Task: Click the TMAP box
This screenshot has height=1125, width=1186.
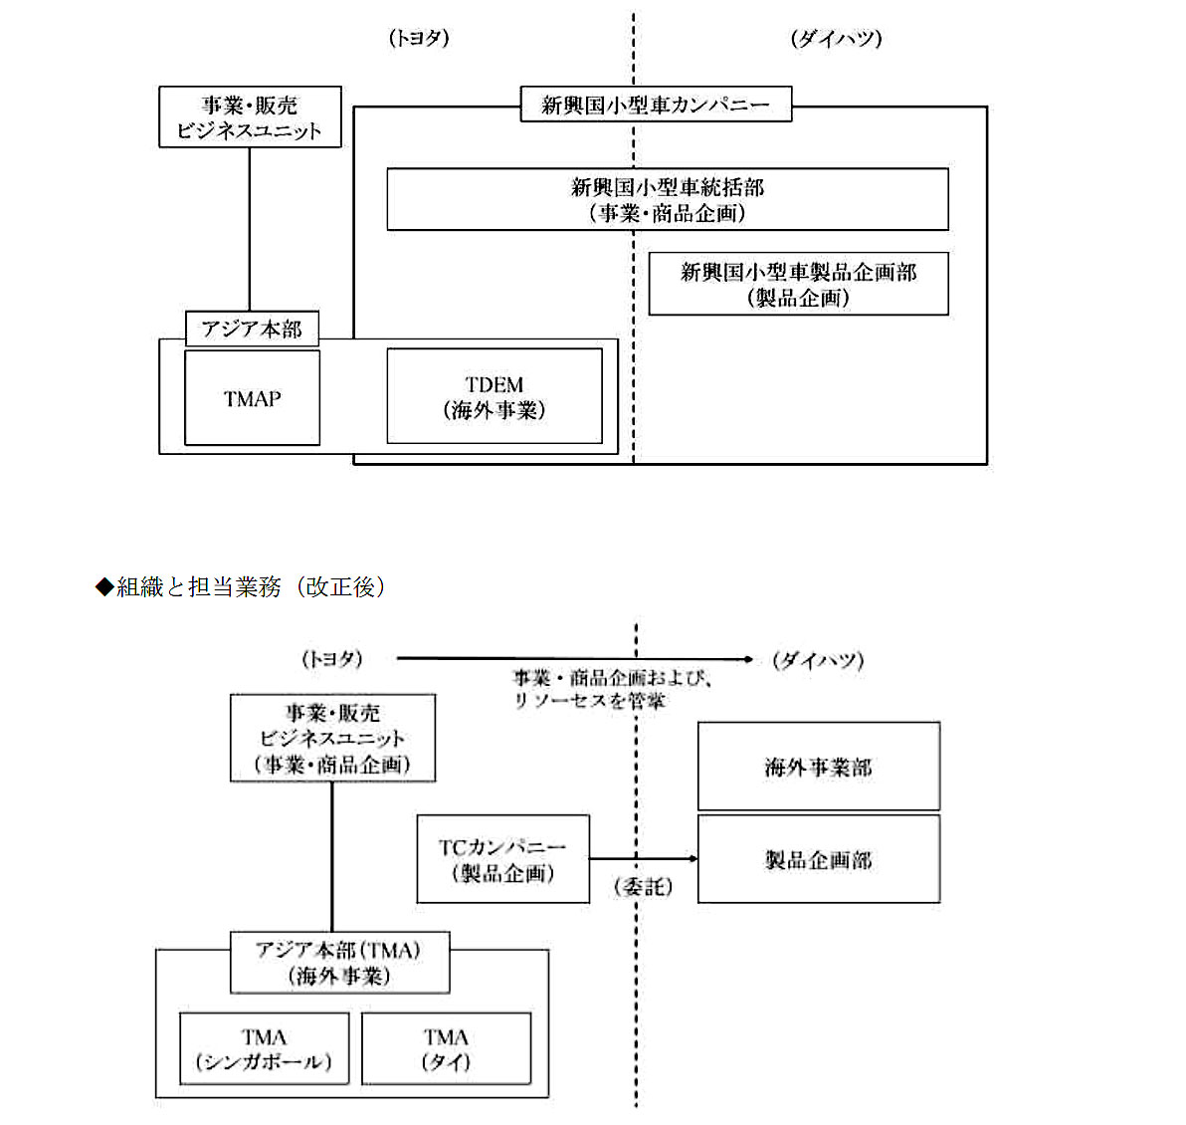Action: (252, 397)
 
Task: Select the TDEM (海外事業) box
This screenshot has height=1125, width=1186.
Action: (494, 396)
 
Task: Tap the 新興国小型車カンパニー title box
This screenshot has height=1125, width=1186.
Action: (656, 105)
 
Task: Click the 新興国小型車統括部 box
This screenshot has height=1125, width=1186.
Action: (667, 199)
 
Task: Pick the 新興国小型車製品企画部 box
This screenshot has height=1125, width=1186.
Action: (799, 284)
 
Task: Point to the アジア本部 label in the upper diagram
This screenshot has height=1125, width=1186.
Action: (252, 329)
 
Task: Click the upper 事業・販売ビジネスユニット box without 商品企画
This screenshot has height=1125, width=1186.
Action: (250, 116)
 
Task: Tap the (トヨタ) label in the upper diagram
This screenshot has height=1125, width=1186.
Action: (419, 38)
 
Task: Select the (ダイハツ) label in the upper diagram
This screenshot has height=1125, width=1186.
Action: (837, 38)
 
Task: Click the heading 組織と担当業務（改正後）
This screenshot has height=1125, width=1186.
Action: (241, 586)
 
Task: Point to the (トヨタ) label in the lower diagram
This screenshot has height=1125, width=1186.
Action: (332, 659)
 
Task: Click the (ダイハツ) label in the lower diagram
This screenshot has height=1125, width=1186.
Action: (819, 660)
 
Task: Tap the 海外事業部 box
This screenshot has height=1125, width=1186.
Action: (819, 767)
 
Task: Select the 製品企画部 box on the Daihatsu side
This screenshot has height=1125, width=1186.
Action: (819, 858)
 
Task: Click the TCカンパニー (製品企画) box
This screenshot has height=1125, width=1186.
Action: (503, 858)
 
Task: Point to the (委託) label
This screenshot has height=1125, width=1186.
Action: (644, 886)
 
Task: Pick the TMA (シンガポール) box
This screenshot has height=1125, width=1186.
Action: (264, 1048)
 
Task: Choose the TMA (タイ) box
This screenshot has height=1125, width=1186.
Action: (447, 1048)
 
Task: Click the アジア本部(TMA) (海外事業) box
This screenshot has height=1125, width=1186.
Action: (339, 963)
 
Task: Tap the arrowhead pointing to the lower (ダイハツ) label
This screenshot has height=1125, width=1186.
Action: (748, 659)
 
